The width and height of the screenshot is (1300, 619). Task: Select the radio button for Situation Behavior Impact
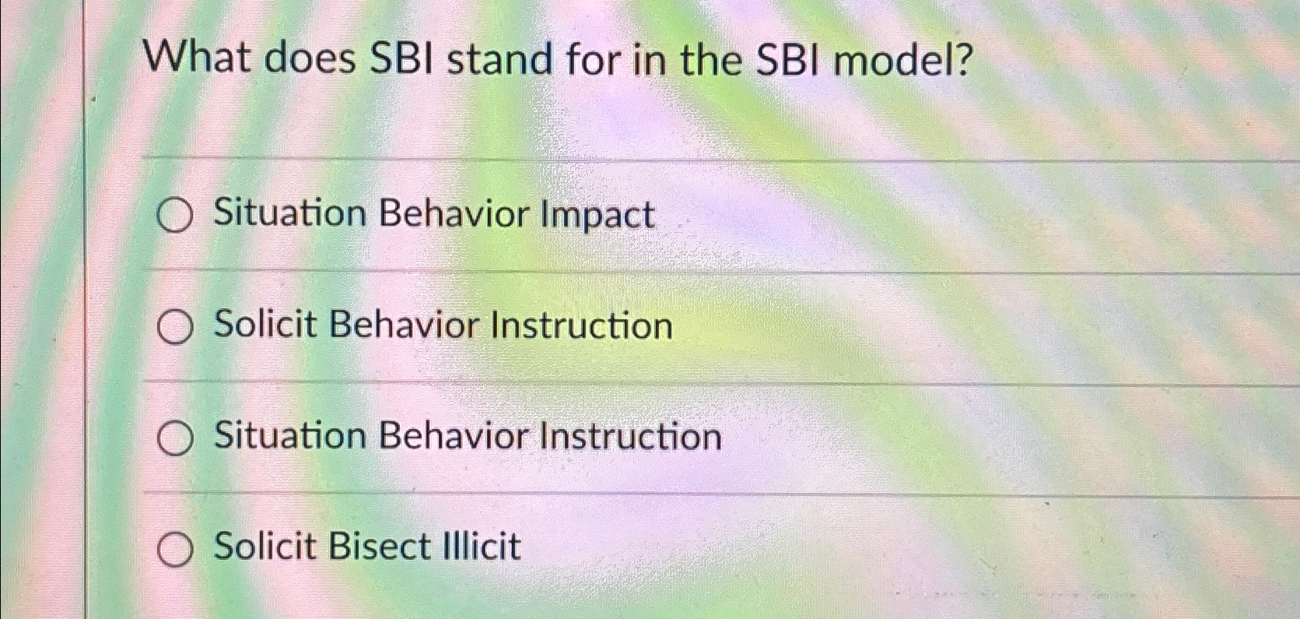pyautogui.click(x=175, y=215)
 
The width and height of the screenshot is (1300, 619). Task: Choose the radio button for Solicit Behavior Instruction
pyautogui.click(x=175, y=327)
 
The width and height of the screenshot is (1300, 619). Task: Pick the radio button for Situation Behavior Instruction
pyautogui.click(x=175, y=438)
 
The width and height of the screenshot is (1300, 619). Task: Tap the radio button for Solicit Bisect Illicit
pyautogui.click(x=175, y=549)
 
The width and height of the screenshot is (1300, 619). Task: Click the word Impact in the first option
pyautogui.click(x=597, y=216)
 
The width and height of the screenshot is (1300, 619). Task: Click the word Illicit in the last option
pyautogui.click(x=481, y=546)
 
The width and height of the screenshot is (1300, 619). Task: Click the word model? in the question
pyautogui.click(x=902, y=60)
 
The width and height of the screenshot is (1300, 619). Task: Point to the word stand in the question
pyautogui.click(x=499, y=60)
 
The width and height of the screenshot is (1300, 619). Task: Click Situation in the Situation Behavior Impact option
pyautogui.click(x=290, y=213)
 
